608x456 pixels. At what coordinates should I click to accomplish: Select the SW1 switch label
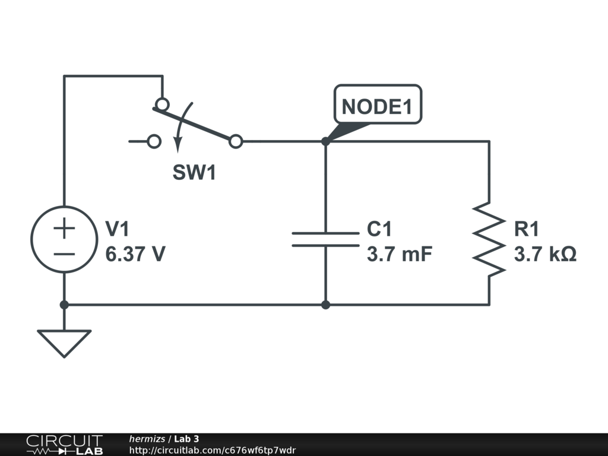194,172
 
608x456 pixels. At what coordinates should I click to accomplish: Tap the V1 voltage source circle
64,239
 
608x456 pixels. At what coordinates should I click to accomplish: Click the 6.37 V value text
135,254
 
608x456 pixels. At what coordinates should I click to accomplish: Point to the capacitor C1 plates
325,239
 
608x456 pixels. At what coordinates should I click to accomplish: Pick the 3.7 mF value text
399,254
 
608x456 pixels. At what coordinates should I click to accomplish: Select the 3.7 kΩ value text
545,254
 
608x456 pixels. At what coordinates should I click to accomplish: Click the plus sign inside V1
64,227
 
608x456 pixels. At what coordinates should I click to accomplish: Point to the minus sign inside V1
64,254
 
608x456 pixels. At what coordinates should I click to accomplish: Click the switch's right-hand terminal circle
236,141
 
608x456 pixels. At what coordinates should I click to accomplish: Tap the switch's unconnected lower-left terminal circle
154,141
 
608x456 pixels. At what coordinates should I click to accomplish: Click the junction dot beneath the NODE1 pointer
325,141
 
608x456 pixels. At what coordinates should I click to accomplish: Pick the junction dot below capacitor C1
325,305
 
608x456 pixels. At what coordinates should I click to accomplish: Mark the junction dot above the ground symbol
64,305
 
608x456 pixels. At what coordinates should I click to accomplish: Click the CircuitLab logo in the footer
64,445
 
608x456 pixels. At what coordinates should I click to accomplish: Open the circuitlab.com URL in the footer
212,450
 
